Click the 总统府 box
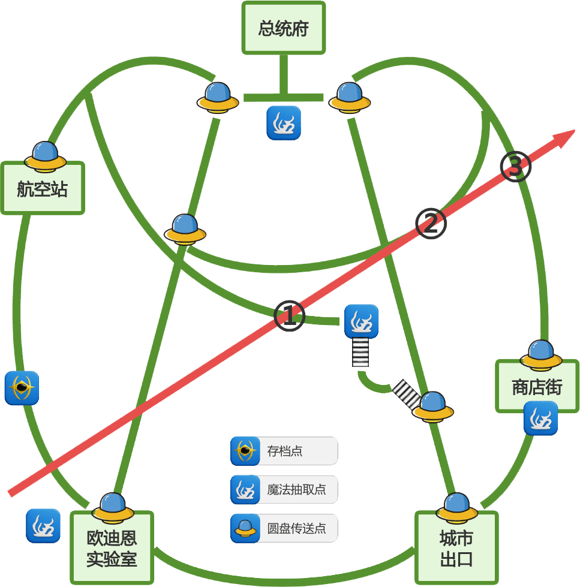(x=283, y=28)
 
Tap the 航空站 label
(x=42, y=189)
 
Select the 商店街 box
(x=537, y=387)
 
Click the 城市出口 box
(x=456, y=549)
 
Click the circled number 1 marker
(x=289, y=315)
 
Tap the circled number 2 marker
(x=431, y=224)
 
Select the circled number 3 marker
(x=516, y=167)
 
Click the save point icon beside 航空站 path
(x=22, y=388)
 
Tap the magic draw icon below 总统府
(x=284, y=123)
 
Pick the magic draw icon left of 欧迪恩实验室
(x=43, y=526)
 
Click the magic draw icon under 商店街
(x=540, y=419)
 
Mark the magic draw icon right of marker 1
(x=361, y=321)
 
